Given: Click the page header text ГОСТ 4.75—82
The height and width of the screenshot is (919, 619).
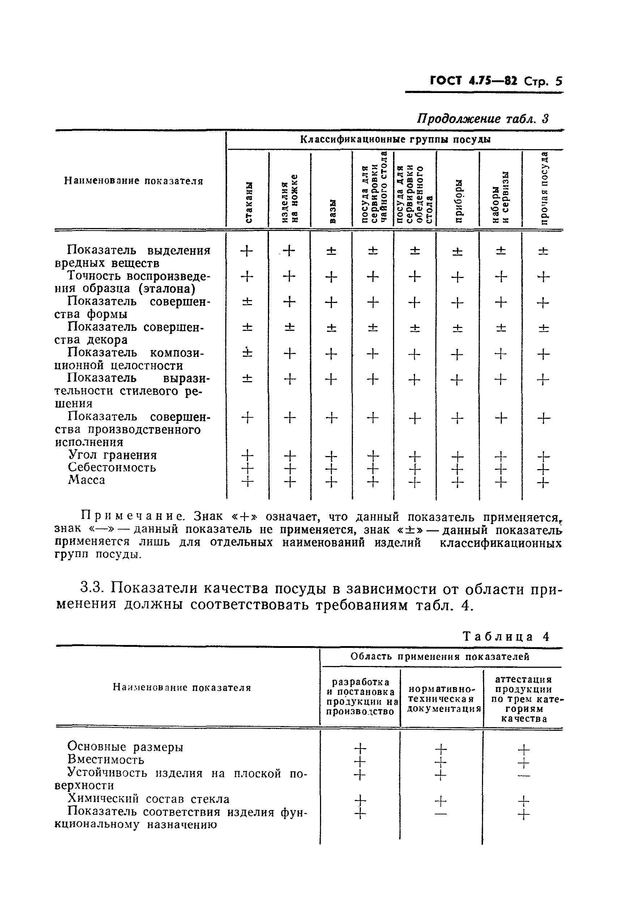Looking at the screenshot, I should pyautogui.click(x=473, y=81).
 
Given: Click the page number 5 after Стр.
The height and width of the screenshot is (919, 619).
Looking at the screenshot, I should pyautogui.click(x=558, y=81).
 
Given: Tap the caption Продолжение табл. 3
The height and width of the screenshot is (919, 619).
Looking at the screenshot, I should pyautogui.click(x=483, y=118).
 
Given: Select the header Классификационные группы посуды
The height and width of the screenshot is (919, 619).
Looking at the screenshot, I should pyautogui.click(x=395, y=139).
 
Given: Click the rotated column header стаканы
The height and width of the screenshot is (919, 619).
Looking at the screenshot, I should pyautogui.click(x=248, y=202).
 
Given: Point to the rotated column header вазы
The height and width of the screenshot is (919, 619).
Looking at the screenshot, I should pyautogui.click(x=332, y=211).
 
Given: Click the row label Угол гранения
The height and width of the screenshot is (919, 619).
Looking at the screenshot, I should pyautogui.click(x=112, y=455).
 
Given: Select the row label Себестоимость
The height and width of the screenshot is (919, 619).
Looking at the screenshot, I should pyautogui.click(x=112, y=467).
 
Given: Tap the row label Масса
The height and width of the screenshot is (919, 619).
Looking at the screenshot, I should pyautogui.click(x=86, y=480).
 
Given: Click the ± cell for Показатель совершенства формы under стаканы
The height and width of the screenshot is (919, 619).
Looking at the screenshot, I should pyautogui.click(x=247, y=302).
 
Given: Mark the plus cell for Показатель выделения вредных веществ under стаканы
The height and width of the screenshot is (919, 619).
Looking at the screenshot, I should pyautogui.click(x=247, y=251).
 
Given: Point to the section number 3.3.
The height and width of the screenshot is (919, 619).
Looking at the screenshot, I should pyautogui.click(x=91, y=588).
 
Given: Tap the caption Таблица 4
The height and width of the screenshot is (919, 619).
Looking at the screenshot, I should pyautogui.click(x=506, y=637).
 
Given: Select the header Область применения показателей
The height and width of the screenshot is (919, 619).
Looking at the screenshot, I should pyautogui.click(x=440, y=657).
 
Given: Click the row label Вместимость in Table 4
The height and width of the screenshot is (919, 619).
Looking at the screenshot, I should pyautogui.click(x=106, y=759).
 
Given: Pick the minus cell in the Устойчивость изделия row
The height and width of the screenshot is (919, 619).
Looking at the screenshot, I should pyautogui.click(x=524, y=775).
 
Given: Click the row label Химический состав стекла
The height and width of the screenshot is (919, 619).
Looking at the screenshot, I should pyautogui.click(x=148, y=799).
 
